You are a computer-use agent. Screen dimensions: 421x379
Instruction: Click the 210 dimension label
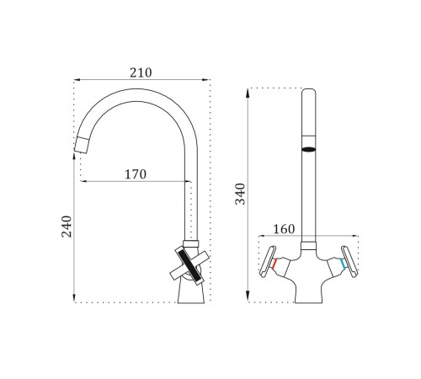pyautogui.click(x=141, y=73)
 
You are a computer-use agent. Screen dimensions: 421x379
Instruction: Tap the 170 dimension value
pyautogui.click(x=136, y=174)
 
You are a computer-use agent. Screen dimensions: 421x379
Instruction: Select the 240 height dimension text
pyautogui.click(x=67, y=227)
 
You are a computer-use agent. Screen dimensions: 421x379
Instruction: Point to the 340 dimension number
pyautogui.click(x=240, y=194)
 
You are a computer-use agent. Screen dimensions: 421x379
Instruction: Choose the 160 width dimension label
pyautogui.click(x=284, y=229)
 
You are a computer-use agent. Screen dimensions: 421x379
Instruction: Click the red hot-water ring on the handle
pyautogui.click(x=274, y=264)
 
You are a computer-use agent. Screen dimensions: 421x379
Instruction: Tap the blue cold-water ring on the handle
pyautogui.click(x=343, y=264)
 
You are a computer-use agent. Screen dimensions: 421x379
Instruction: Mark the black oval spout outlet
pyautogui.click(x=309, y=150)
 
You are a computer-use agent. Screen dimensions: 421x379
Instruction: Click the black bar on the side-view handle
pyautogui.click(x=189, y=265)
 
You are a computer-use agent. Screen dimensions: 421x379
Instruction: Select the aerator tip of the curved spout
pyautogui.click(x=82, y=145)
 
